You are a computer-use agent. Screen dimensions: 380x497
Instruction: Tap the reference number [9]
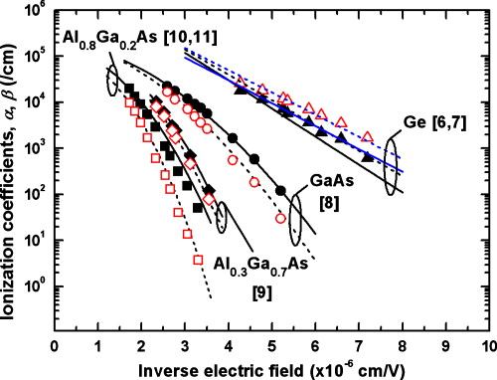click(x=263, y=292)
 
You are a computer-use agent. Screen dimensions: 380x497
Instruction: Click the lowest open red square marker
click(x=199, y=260)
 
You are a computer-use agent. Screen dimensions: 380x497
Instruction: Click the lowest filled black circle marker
click(x=281, y=190)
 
